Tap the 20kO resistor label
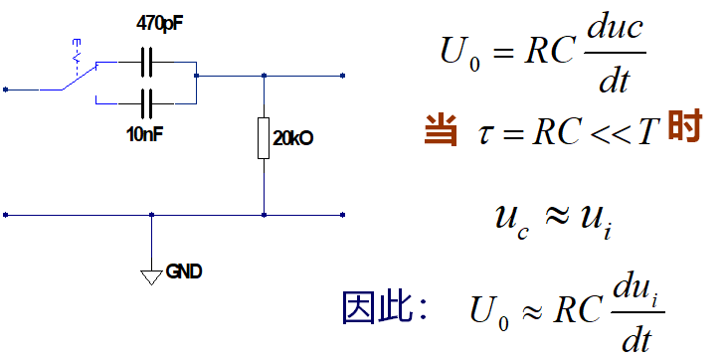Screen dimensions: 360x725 click(x=292, y=139)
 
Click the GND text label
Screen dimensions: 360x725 click(x=184, y=270)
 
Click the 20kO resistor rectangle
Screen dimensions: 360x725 click(x=264, y=137)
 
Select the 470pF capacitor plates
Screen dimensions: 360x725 click(x=148, y=65)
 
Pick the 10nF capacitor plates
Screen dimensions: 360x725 click(x=148, y=101)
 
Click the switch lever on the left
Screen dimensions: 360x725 click(x=79, y=77)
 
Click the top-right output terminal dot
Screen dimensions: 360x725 click(x=343, y=75)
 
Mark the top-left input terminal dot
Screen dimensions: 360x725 click(x=6, y=90)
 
